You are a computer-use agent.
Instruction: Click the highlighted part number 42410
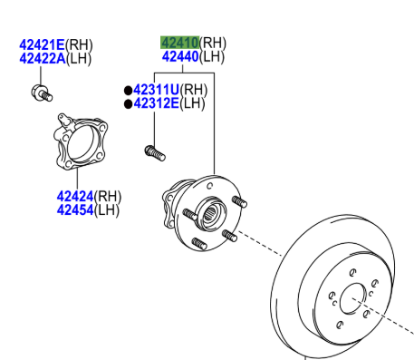click(x=179, y=43)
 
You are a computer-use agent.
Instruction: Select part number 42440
click(x=180, y=56)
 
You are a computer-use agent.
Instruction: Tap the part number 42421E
click(x=42, y=45)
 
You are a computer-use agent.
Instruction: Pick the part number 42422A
click(x=43, y=58)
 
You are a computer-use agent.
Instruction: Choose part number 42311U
click(x=157, y=90)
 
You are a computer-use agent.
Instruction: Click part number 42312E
click(x=156, y=103)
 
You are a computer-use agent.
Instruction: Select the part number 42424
click(x=75, y=197)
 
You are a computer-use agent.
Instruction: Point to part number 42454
click(x=75, y=209)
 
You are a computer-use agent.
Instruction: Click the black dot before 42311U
click(x=129, y=91)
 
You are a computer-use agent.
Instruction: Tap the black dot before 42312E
click(x=129, y=104)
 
